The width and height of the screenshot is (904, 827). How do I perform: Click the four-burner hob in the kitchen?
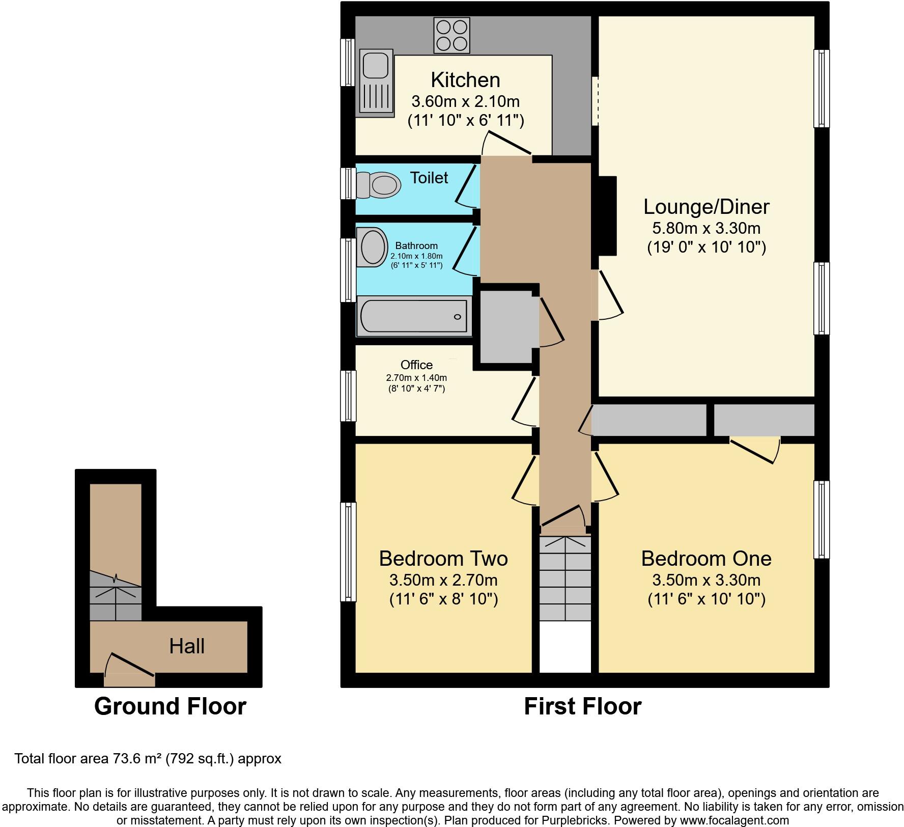tap(451, 35)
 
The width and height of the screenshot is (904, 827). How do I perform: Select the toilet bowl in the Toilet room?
tap(378, 184)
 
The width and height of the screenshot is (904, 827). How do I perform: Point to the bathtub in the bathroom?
tap(414, 317)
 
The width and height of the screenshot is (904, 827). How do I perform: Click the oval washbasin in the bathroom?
tap(372, 247)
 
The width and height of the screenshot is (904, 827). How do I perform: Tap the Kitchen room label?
tap(465, 80)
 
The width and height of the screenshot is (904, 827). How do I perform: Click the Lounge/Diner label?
tap(707, 207)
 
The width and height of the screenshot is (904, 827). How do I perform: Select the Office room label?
tap(416, 365)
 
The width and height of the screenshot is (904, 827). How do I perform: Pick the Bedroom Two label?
tap(443, 559)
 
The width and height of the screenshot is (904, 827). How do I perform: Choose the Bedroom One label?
tap(707, 559)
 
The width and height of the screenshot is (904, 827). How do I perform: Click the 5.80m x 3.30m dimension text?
tap(707, 228)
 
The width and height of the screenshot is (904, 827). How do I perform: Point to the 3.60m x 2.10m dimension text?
tap(465, 101)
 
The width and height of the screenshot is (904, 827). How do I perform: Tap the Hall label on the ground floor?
tap(187, 646)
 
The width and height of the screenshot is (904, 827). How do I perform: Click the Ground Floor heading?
tap(170, 706)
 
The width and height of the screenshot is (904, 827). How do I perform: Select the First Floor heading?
tap(583, 706)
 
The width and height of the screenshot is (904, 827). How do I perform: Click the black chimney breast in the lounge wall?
tap(606, 215)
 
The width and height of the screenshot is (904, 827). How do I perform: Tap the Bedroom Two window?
tap(348, 552)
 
